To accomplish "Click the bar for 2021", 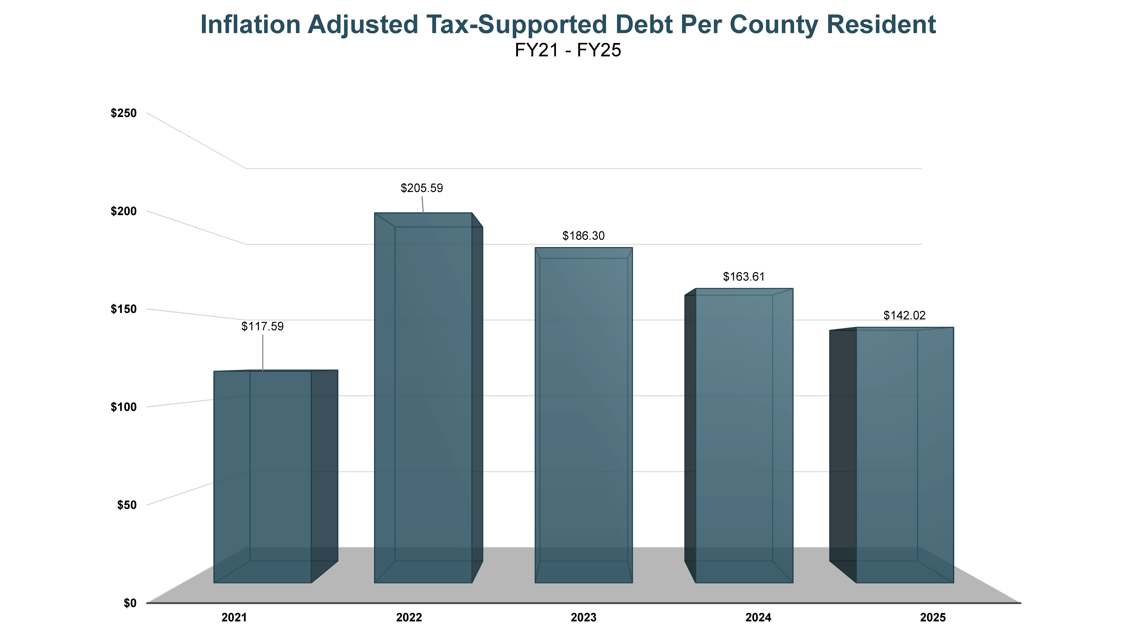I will click(263, 476).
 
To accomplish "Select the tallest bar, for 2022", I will click(423, 397).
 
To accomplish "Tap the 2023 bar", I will click(583, 414).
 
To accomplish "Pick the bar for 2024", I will click(744, 437).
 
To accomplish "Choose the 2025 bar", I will click(905, 454).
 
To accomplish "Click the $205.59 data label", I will click(422, 188).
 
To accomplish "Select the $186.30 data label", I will click(583, 236).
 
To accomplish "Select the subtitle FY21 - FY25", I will click(568, 50).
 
